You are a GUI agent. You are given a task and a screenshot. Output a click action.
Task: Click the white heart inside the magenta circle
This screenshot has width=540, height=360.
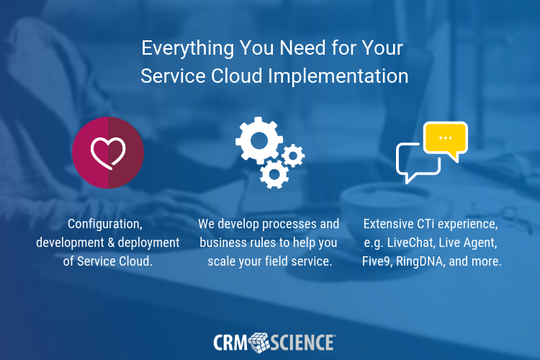pos(108,152)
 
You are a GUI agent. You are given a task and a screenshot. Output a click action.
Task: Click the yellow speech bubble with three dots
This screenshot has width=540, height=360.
pos(445,138)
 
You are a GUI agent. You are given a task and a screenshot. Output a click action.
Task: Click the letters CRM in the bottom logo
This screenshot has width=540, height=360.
pos(230,341)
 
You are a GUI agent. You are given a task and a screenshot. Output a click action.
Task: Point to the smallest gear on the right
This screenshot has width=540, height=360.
pos(293,155)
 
